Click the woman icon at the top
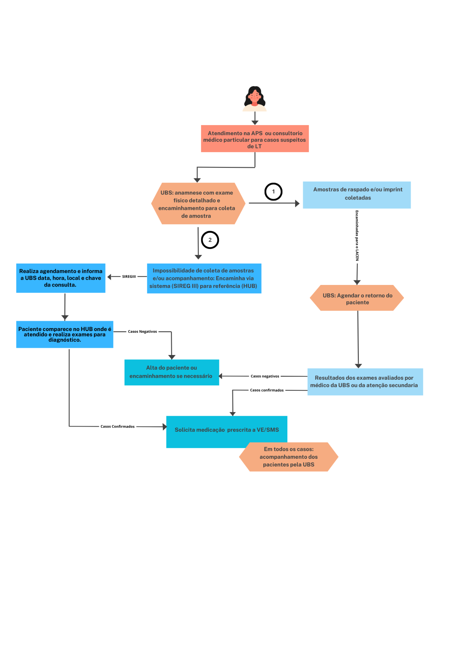[x=254, y=98]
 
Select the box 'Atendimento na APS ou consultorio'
[x=255, y=138]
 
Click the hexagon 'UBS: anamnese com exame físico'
[x=198, y=204]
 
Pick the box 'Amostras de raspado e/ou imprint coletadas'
[x=357, y=195]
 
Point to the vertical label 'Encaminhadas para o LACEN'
[x=357, y=236]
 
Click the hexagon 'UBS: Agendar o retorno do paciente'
[x=357, y=298]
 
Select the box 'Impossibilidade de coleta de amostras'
[x=204, y=278]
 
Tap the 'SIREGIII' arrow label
[x=129, y=277]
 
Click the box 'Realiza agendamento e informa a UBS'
[x=61, y=278]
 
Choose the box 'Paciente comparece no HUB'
[x=65, y=334]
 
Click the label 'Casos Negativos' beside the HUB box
[x=142, y=332]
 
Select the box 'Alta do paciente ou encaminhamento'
[x=172, y=372]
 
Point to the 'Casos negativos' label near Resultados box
[x=265, y=376]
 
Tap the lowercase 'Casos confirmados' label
[x=267, y=390]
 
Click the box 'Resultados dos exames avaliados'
[x=365, y=382]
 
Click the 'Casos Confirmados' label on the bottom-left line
[x=117, y=427]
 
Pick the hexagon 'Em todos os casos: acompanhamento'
[x=289, y=457]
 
